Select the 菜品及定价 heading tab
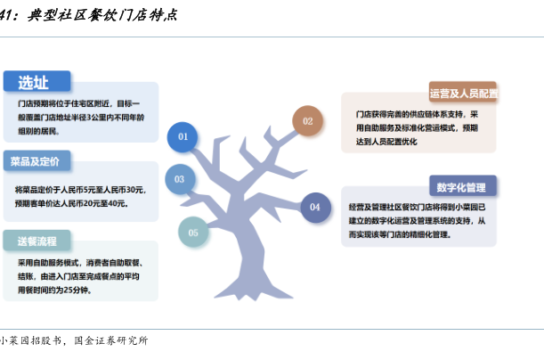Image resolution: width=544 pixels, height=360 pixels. click(x=37, y=162)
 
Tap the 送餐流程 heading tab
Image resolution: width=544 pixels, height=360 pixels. click(x=37, y=240)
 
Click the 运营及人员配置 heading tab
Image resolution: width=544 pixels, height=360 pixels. click(x=463, y=93)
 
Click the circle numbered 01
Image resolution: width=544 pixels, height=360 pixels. click(x=183, y=137)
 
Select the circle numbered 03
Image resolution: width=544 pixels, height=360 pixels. click(x=179, y=179)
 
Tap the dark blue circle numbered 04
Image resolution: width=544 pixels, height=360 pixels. click(x=314, y=208)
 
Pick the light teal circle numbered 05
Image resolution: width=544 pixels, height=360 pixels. click(x=193, y=233)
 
